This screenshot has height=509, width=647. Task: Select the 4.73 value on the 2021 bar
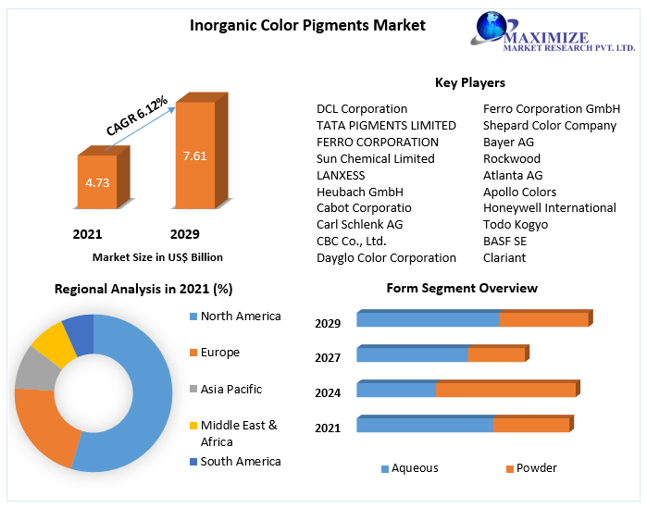pos(97,182)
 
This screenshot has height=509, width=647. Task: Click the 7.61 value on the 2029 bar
pos(194,155)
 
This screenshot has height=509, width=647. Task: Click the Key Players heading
pos(469,83)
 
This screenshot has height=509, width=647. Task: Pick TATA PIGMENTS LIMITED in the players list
pos(386,125)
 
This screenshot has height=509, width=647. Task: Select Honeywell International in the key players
pos(549,207)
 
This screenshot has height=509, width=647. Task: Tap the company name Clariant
pos(504,257)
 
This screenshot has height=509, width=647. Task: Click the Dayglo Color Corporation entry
pos(386,257)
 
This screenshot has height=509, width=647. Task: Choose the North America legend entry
pos(240,317)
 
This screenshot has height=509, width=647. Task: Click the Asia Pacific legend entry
pos(230,390)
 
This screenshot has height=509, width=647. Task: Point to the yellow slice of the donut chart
pos(52,345)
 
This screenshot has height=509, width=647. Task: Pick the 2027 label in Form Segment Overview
pos(328,357)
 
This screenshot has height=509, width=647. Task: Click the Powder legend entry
pos(536,468)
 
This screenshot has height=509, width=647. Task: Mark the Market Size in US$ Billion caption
pos(157,257)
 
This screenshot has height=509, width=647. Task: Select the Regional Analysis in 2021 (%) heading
pos(143,289)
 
